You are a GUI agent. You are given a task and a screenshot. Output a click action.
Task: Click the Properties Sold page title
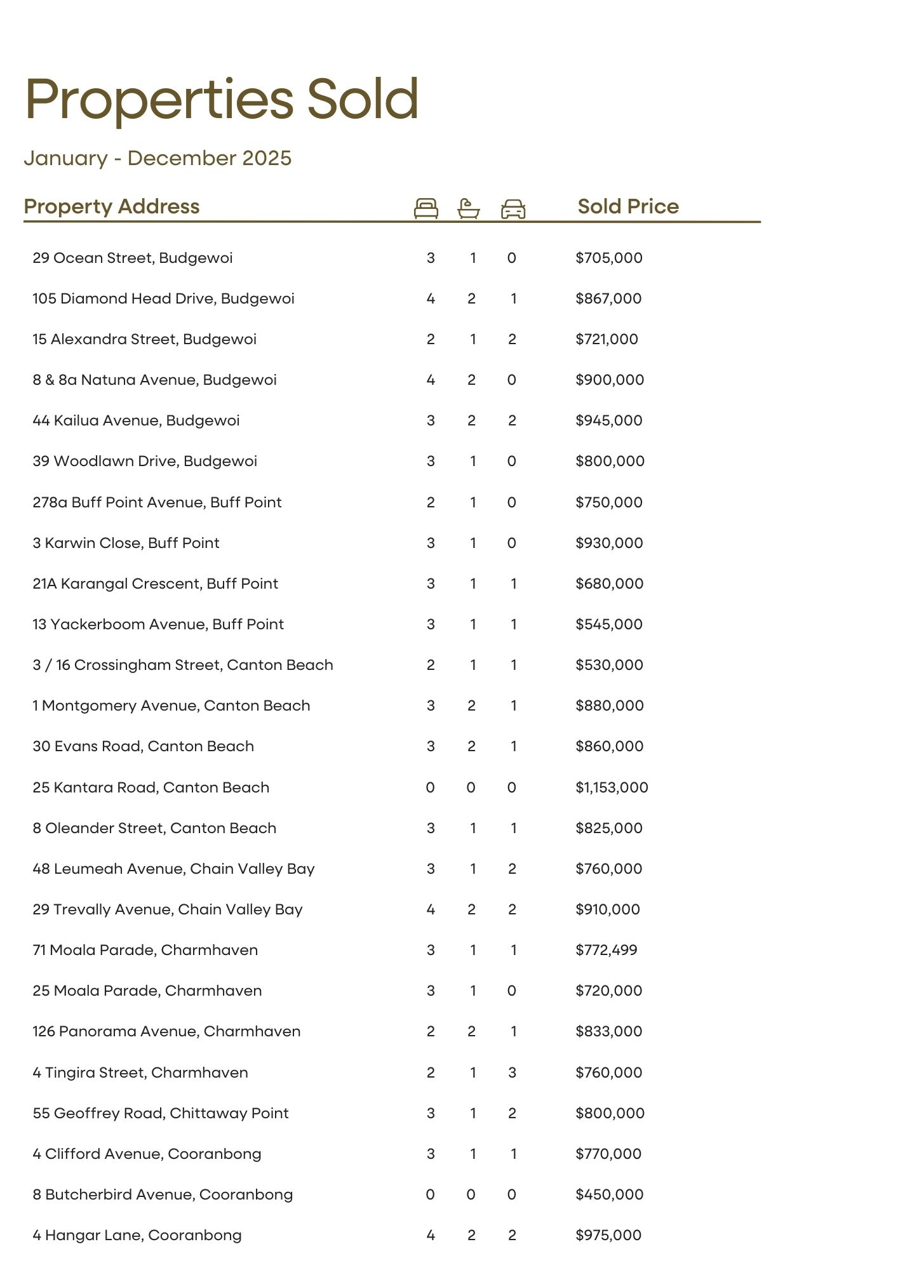click(x=222, y=99)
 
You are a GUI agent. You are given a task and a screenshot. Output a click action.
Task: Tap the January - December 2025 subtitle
click(x=157, y=158)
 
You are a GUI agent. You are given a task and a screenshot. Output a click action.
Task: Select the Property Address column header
click(x=112, y=206)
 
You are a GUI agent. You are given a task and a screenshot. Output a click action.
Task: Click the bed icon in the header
click(x=426, y=208)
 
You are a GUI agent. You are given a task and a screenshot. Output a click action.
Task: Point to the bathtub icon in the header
click(x=469, y=208)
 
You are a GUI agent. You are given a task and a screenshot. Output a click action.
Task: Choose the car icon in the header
click(x=513, y=209)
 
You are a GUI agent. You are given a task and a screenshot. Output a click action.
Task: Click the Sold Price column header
click(x=628, y=206)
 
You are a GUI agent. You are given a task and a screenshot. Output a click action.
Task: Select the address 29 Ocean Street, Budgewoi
click(x=133, y=258)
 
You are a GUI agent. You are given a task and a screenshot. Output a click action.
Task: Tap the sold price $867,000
click(x=608, y=298)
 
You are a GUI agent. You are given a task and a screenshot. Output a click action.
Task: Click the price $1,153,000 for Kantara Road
click(x=612, y=787)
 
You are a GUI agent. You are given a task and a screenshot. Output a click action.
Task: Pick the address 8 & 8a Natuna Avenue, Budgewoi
click(x=154, y=380)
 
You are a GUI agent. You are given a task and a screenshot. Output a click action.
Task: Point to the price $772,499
click(x=606, y=950)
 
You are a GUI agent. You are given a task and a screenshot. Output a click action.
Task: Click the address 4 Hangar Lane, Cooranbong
click(x=137, y=1235)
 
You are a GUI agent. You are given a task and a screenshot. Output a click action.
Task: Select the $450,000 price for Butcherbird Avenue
click(x=609, y=1194)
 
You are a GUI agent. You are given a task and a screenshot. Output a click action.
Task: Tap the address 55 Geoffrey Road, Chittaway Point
click(x=161, y=1113)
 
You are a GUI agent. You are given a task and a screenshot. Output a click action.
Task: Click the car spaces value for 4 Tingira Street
click(x=513, y=1073)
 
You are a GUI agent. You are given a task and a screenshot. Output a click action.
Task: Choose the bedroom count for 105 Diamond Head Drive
click(x=431, y=298)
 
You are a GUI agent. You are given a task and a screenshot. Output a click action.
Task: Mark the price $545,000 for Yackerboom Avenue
click(x=609, y=624)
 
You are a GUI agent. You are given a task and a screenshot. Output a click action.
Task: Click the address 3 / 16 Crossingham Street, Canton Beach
click(x=183, y=665)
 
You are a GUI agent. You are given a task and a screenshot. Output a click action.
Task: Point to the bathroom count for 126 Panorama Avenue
click(x=471, y=1031)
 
